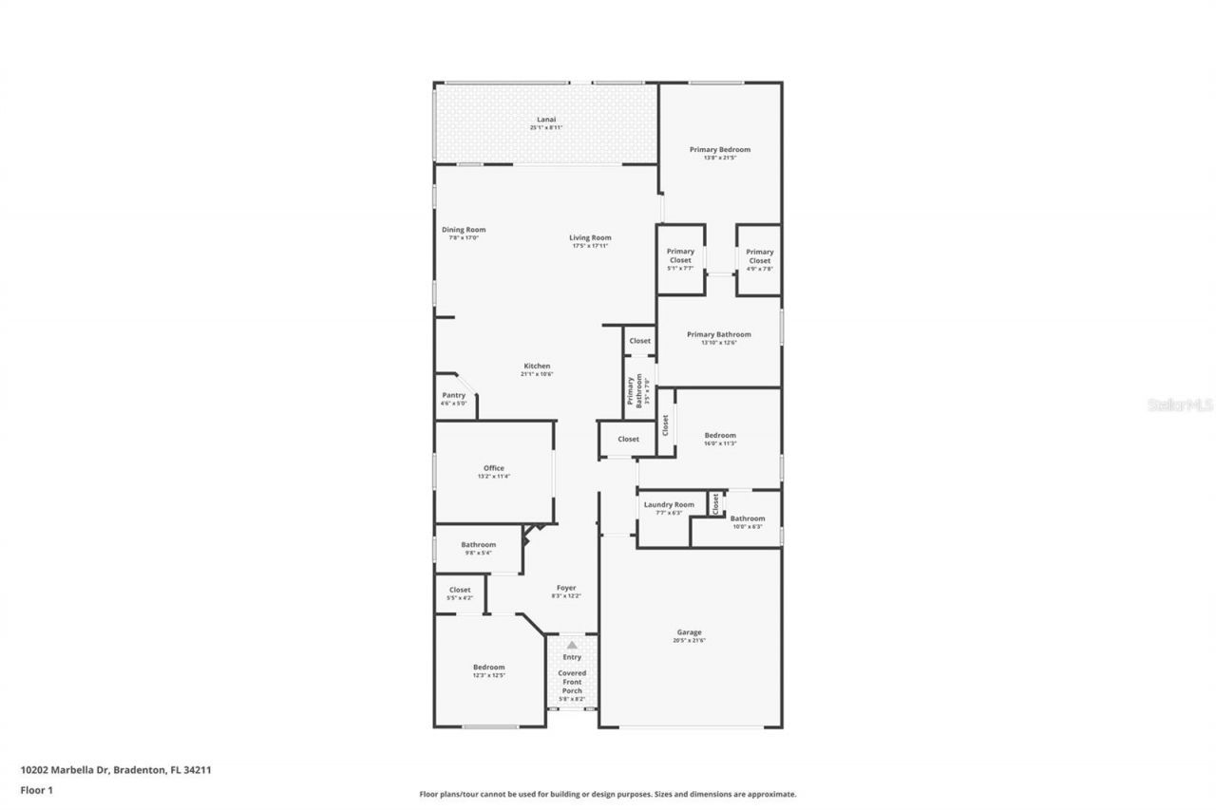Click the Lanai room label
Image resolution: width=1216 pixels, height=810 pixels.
546,120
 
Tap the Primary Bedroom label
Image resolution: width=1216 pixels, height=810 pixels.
720,149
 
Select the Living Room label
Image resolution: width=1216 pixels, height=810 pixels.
590,237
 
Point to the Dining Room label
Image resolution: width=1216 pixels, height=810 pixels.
464,229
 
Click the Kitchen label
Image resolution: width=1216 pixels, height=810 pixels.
537,366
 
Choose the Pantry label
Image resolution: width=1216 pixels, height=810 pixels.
453,395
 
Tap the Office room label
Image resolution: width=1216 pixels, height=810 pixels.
494,467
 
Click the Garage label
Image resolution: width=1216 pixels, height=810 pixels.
689,631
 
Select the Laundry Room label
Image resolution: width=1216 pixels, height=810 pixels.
670,504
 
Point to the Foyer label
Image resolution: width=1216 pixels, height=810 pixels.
566,588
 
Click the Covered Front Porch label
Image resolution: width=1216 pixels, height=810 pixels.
572,681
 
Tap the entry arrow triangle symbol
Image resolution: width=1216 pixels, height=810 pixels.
572,645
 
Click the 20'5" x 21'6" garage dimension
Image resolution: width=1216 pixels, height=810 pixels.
689,641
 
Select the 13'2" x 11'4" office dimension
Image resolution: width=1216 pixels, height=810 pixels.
494,477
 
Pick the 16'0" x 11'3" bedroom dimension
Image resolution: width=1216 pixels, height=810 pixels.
720,443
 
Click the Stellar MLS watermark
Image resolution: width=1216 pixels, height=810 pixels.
1180,405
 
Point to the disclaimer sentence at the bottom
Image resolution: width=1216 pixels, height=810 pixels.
608,794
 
